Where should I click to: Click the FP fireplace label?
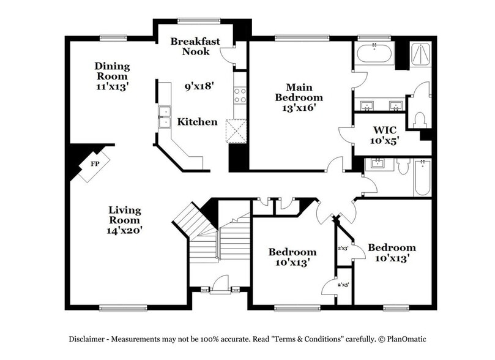95,164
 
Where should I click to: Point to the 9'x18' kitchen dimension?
198,86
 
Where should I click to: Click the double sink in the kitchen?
164,116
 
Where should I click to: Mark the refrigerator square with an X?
236,130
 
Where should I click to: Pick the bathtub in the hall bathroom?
422,178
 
